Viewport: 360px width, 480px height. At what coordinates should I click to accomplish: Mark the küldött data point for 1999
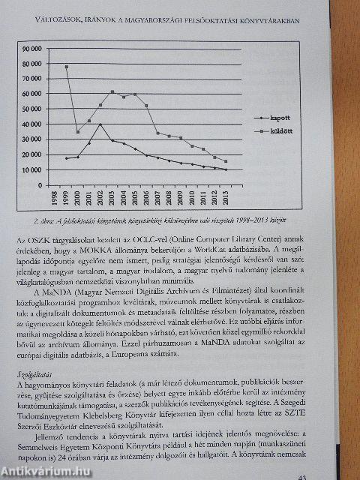pos(67,67)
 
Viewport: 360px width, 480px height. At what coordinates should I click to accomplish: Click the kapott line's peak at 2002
pos(100,124)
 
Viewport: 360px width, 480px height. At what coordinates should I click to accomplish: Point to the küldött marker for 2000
pos(78,132)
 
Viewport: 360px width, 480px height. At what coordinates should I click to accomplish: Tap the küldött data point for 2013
pos(226,161)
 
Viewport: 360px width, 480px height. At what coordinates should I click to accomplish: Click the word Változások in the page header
pos(66,16)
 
